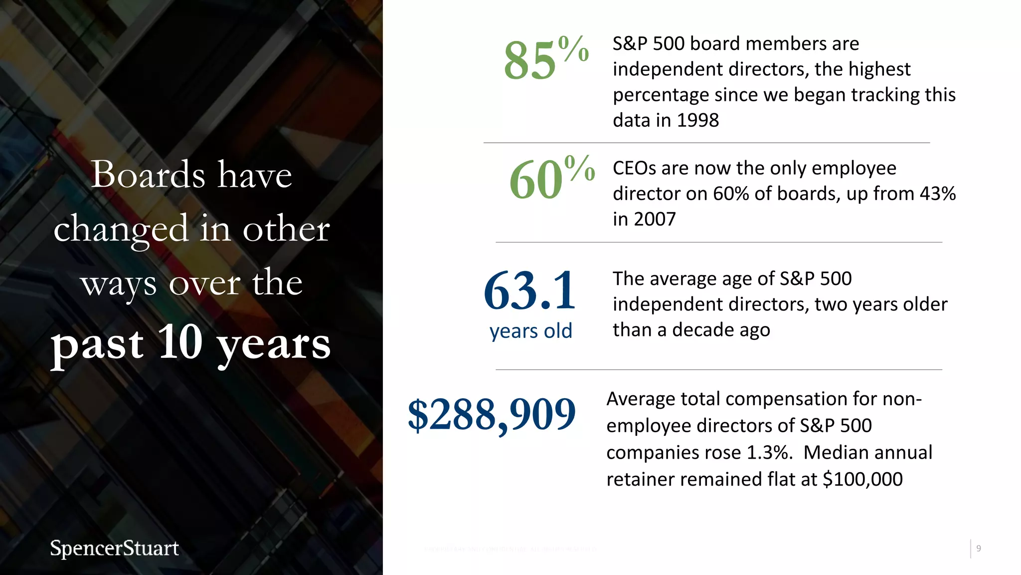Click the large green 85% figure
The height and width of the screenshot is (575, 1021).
tap(545, 59)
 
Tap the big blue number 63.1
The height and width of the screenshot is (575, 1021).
tap(529, 290)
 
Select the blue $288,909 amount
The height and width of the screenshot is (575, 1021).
tap(492, 414)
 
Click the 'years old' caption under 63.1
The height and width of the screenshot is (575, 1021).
tap(530, 331)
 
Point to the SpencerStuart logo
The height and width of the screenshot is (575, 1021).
tap(114, 548)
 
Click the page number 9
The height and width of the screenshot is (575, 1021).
tap(979, 549)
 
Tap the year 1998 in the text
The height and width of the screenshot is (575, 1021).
tap(698, 120)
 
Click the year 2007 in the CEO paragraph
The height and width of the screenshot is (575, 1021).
tap(655, 219)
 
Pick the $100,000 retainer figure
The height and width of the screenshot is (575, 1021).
tap(862, 479)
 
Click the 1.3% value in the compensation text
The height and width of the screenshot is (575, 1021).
tap(769, 453)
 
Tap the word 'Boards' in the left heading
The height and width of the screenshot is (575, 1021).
tap(148, 175)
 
